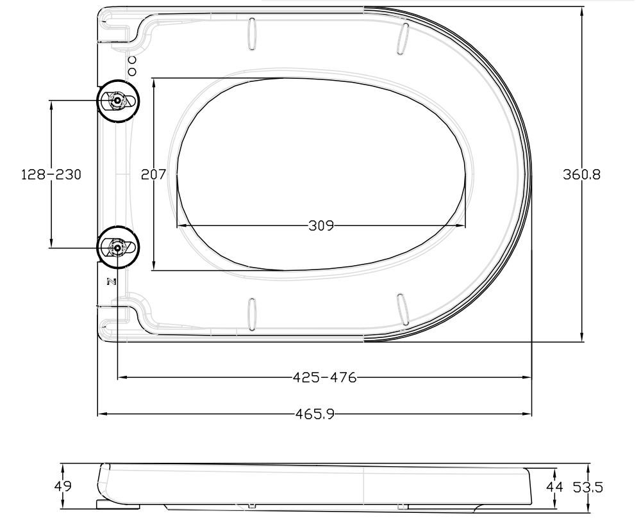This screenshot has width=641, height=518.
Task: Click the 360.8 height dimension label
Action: tap(581, 174)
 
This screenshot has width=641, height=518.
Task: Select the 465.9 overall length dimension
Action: tap(315, 414)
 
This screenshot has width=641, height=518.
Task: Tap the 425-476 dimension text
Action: tap(324, 377)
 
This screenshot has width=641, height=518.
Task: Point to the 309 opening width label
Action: tap(321, 225)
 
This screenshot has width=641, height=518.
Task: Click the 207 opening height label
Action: tap(154, 174)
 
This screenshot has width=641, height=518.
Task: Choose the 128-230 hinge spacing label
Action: tap(51, 174)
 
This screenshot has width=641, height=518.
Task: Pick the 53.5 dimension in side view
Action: tap(588, 488)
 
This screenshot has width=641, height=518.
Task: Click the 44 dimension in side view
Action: tap(554, 488)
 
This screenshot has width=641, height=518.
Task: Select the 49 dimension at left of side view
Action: tap(63, 487)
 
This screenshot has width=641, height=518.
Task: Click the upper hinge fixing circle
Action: tap(117, 101)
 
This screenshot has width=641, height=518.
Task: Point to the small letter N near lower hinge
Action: tap(110, 281)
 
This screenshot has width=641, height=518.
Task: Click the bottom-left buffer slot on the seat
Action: tap(252, 314)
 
